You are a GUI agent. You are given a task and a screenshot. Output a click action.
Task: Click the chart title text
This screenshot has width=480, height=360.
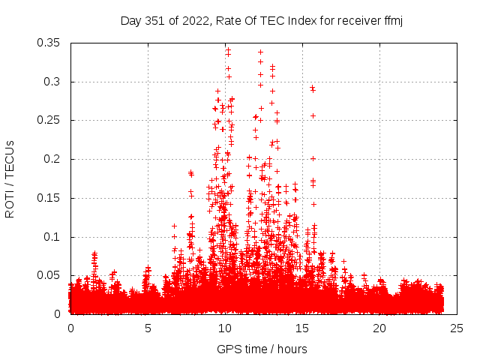point(262,20)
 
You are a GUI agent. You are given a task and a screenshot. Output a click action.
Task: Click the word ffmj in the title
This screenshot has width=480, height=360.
point(391,20)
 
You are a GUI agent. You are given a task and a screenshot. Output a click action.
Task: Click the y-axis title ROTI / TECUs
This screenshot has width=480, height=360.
point(10,178)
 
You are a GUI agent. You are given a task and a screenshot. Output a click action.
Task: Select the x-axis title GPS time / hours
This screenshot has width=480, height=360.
point(262,349)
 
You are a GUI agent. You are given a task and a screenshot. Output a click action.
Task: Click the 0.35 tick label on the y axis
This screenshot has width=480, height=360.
point(51,43)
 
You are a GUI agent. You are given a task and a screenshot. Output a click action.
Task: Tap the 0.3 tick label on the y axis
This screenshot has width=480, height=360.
point(54,82)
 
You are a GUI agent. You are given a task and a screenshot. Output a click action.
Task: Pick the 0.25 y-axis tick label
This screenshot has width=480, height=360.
point(51,120)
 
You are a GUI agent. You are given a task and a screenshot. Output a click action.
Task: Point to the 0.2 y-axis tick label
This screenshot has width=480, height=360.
point(54,159)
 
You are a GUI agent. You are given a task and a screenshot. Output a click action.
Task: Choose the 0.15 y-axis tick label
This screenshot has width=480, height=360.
point(51,198)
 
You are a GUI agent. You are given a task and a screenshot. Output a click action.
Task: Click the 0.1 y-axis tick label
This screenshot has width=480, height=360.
point(54,237)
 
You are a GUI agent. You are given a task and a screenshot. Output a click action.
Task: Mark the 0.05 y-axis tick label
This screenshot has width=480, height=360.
point(51,275)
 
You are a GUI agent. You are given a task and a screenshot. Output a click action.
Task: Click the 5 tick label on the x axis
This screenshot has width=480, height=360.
point(148,328)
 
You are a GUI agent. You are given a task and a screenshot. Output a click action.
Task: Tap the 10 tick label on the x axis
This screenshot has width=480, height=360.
point(225,328)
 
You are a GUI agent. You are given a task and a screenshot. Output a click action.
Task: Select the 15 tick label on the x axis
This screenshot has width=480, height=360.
point(302,328)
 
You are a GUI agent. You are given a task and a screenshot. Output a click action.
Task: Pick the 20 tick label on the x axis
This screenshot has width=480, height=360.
point(379,328)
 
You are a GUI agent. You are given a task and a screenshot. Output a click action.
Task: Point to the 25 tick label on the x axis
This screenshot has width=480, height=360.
point(457,328)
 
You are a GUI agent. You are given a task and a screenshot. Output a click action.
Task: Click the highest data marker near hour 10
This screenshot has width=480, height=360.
point(228,50)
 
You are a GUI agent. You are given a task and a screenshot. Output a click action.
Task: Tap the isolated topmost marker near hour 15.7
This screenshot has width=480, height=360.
point(312,87)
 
